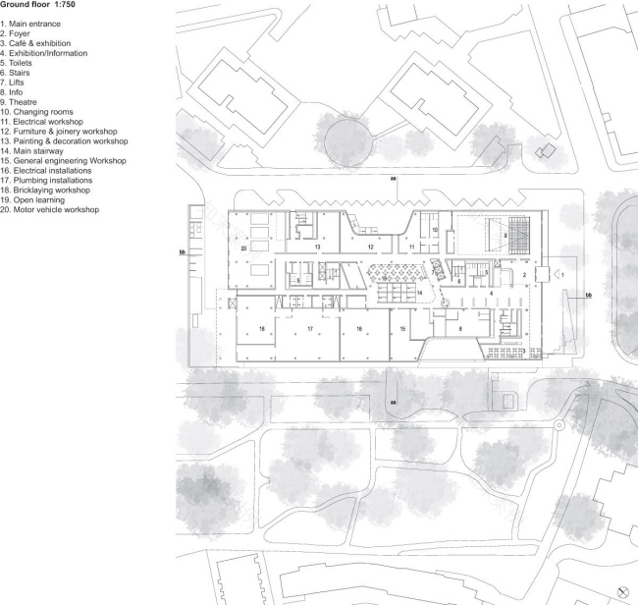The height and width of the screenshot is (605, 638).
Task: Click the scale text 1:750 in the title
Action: (62, 5)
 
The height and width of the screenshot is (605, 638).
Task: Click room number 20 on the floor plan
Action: (242, 249)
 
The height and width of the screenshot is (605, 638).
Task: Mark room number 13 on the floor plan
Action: (317, 248)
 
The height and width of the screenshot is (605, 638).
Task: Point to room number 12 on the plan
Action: (371, 247)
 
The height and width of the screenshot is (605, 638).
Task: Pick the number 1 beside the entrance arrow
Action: (563, 278)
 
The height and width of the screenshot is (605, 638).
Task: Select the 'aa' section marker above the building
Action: (394, 181)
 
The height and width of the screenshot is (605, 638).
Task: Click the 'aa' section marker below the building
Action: (394, 402)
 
